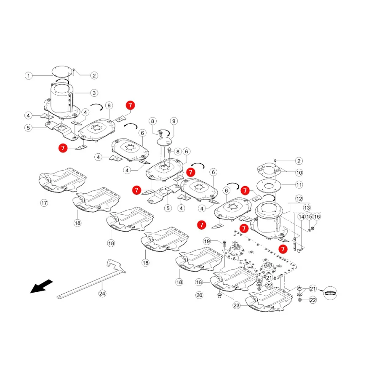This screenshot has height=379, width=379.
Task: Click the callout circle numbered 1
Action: pos(29,76)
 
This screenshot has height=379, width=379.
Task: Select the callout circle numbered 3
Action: pos(94,93)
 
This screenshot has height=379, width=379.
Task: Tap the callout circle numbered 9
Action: pos(174,121)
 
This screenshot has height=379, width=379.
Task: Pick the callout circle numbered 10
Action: pos(299,173)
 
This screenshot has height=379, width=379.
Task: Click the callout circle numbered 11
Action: pos(299,185)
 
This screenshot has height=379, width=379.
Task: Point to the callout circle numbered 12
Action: pos(299,199)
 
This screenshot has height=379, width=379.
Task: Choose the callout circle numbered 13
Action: pos(307,208)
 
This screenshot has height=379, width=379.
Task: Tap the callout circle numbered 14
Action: pos(302,216)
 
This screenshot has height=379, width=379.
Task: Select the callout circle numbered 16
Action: pos(317,216)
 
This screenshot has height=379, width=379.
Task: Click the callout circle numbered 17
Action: pos(44,203)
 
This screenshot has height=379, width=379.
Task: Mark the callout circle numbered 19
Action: pos(207,241)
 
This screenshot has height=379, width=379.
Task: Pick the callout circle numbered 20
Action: pos(199,295)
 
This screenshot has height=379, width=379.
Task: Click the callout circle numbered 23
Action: pos(236,305)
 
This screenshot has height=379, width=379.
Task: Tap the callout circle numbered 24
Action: pos(102,294)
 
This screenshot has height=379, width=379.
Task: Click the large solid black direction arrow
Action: pos(41,286)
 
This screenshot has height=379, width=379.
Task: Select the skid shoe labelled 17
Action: pos(62,181)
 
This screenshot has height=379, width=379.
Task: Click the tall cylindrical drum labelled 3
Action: pos(61,98)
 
